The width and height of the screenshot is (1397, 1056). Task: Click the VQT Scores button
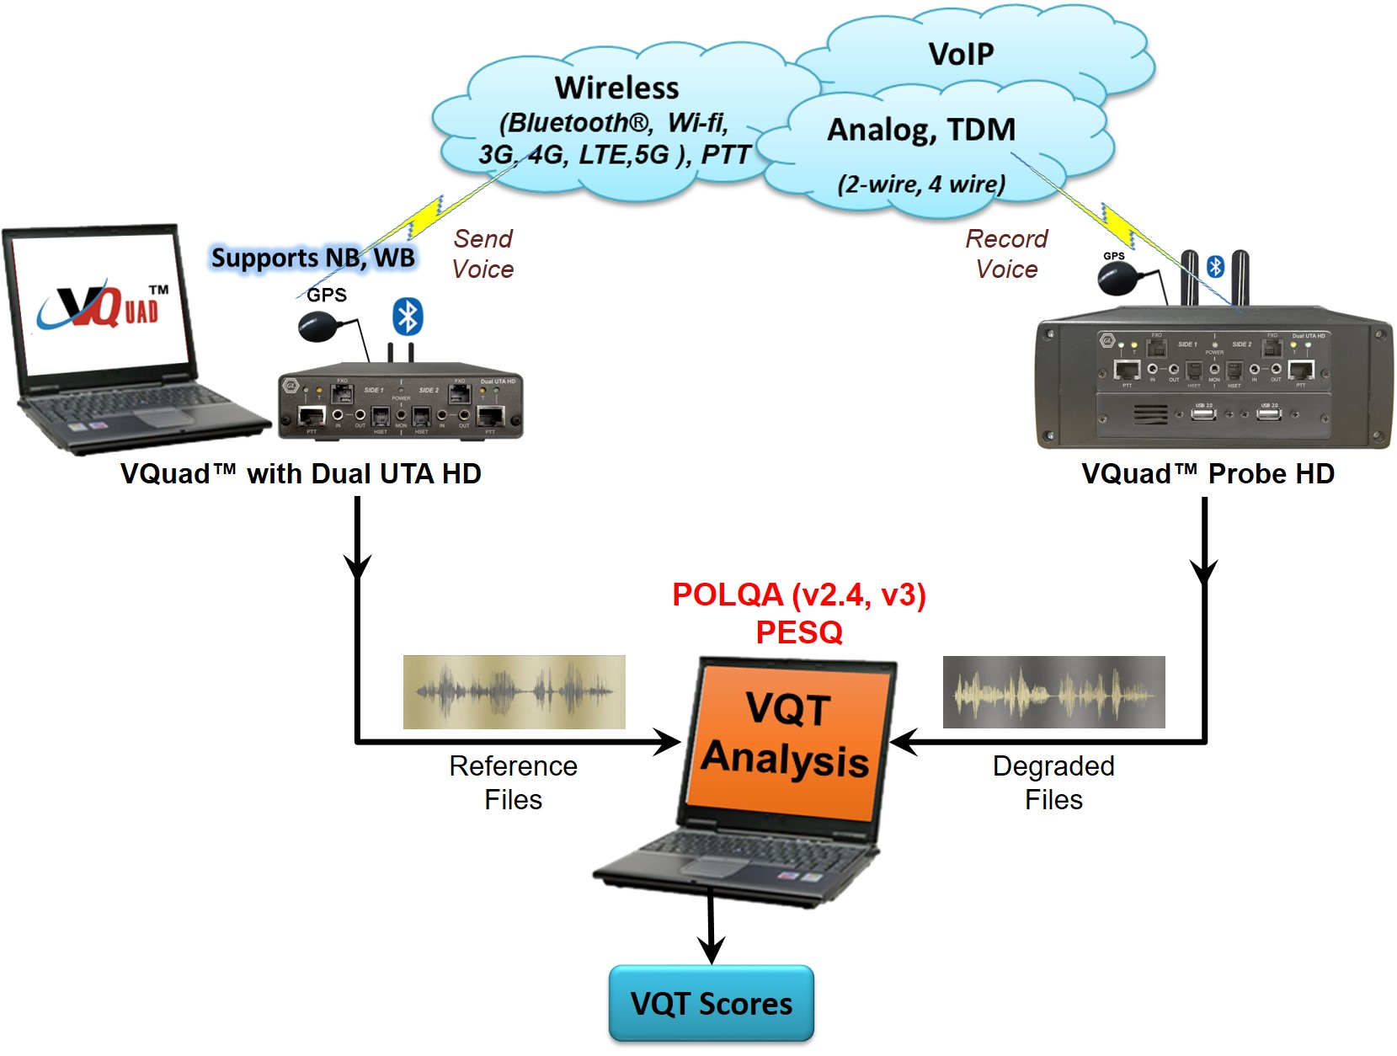point(711,1003)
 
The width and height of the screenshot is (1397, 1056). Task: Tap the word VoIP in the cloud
point(961,55)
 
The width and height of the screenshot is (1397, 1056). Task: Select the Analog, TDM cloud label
point(921,130)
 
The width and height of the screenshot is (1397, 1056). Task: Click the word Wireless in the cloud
point(616,88)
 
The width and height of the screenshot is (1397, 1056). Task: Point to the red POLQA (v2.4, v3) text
point(798,595)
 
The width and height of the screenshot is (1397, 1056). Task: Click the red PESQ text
point(798,632)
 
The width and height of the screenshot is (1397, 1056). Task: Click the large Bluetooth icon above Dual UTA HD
point(408,317)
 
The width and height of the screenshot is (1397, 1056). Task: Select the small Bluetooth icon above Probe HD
point(1214,267)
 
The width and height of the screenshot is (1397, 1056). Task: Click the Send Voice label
point(483,253)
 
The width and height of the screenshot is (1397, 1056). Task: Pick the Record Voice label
point(1006,253)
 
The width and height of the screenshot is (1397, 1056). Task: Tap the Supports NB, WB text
point(312,258)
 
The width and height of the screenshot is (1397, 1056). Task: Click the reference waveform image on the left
point(514,691)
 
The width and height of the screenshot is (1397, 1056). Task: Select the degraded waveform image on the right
point(1053,691)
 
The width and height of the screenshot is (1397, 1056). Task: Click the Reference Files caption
point(513,782)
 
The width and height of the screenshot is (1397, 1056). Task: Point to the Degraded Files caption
point(1053,782)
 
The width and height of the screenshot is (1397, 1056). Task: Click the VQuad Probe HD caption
point(1208,474)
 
